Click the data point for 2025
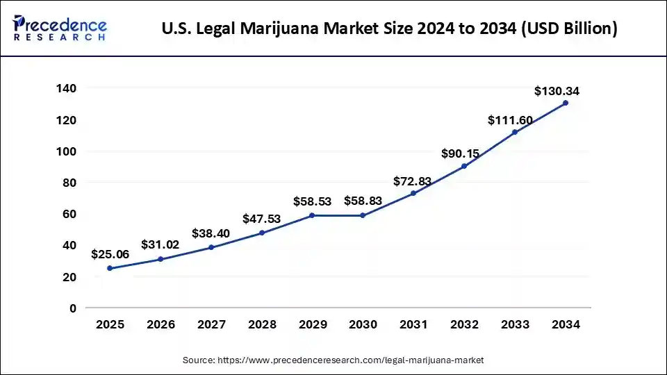110,268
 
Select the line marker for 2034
566,103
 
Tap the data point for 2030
363,215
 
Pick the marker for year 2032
464,166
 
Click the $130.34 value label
557,91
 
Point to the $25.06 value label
110,254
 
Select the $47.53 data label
261,219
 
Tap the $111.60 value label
510,120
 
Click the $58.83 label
363,201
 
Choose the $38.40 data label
211,234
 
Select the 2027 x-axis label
211,324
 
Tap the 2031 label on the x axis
413,324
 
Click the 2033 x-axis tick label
515,324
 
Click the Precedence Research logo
60,28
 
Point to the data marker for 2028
262,233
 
